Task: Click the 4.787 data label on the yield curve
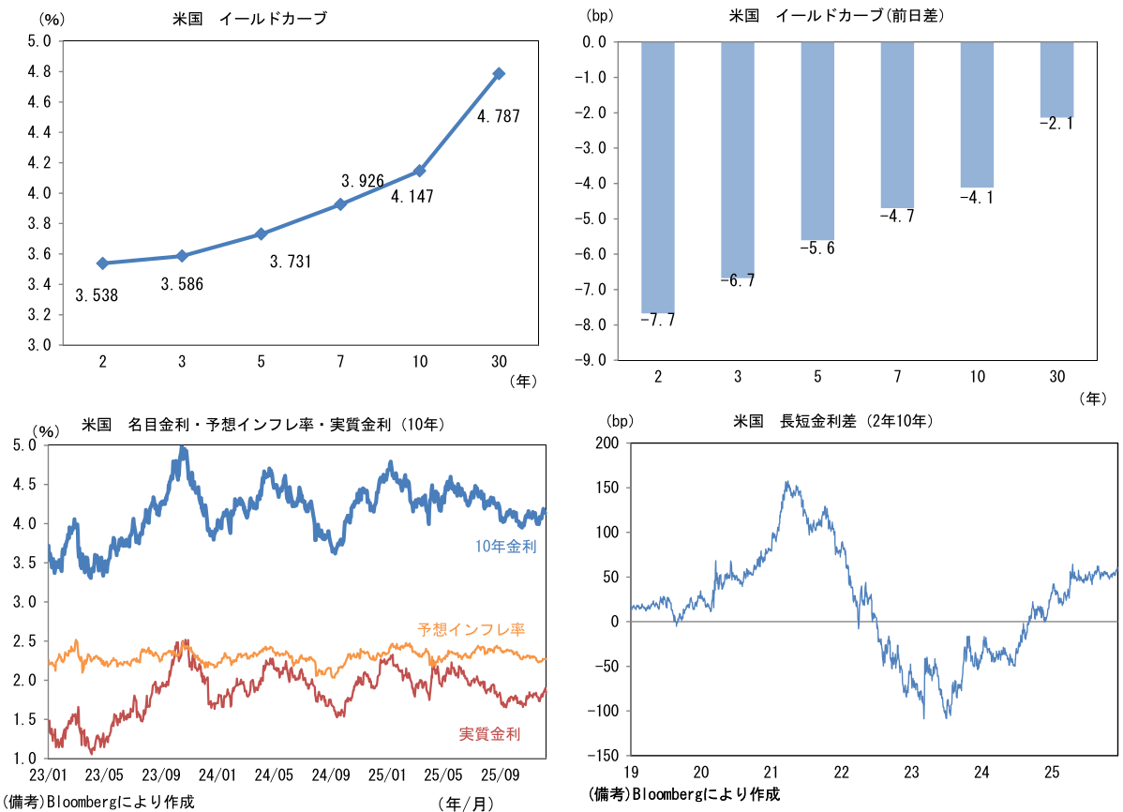tap(498, 117)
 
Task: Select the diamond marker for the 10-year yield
tap(420, 171)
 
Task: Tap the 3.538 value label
tap(97, 295)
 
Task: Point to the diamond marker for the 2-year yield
tap(102, 263)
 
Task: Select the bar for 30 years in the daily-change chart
tap(1057, 80)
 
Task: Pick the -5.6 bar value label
tap(817, 248)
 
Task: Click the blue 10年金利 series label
tap(505, 547)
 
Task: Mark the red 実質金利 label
tap(489, 733)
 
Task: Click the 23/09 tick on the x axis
tap(161, 776)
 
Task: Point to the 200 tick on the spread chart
tap(607, 444)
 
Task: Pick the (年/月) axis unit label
tap(465, 804)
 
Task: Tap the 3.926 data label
tap(363, 181)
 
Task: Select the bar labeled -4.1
tap(977, 114)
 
